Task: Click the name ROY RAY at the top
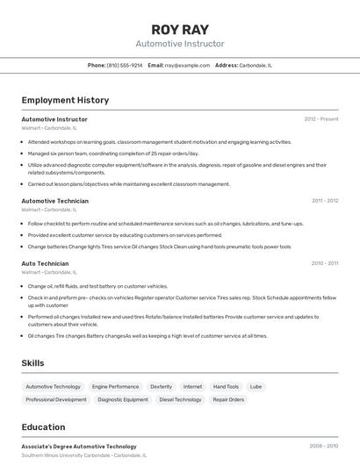[180, 29]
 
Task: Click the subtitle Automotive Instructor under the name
[180, 44]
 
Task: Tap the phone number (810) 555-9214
[125, 65]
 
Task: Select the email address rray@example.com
[187, 65]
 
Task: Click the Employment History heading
[65, 100]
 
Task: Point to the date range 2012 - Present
[320, 118]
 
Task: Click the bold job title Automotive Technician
[54, 201]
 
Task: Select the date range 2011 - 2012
[325, 201]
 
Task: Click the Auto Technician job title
[45, 263]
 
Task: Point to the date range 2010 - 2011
[325, 263]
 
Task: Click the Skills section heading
[32, 362]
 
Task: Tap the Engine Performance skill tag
[115, 386]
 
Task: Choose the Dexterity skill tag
[161, 386]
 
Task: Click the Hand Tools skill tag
[226, 386]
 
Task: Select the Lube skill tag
[256, 386]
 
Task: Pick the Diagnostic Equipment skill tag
[123, 399]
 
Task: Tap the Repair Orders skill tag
[228, 399]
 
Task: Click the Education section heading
[43, 427]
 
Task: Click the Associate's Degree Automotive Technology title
[79, 447]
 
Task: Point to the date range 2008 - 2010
[323, 447]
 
